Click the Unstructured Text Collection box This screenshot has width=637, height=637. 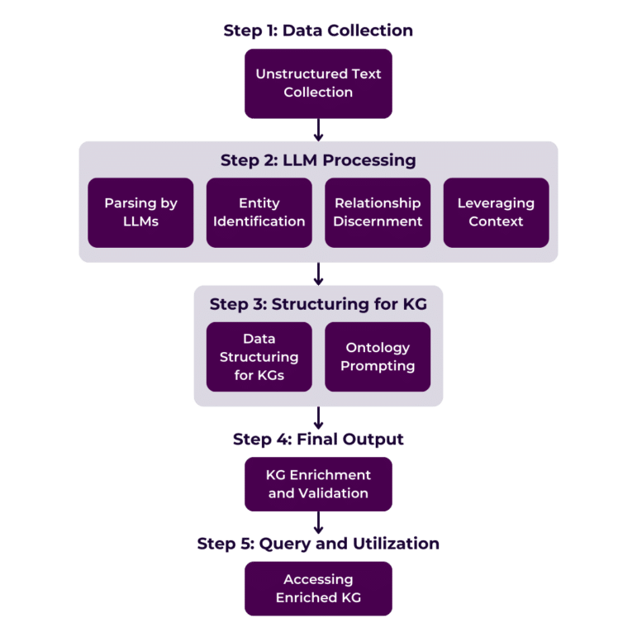pos(318,83)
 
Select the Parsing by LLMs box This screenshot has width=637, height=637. pos(140,212)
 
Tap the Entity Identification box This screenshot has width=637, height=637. pos(259,212)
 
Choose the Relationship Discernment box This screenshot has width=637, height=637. pos(378,212)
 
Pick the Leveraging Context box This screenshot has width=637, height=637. pos(496,212)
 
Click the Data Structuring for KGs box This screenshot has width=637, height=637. pos(259,357)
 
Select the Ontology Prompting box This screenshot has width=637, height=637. pos(378,357)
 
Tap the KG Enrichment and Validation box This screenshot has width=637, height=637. pos(318,484)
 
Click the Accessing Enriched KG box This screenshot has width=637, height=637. pos(318,588)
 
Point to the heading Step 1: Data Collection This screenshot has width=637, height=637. pos(318,31)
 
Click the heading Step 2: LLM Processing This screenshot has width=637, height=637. pos(318,159)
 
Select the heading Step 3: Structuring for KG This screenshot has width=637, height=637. pos(318,303)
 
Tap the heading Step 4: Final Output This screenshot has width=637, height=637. pos(318,439)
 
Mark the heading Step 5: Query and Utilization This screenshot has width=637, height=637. pos(318,543)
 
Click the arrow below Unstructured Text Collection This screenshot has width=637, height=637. pos(318,130)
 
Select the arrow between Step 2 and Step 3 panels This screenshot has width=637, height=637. pos(318,274)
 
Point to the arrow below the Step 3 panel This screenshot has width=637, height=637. pos(318,417)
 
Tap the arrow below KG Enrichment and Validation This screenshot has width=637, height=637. pos(318,522)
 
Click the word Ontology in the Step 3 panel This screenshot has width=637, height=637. pos(378,348)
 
